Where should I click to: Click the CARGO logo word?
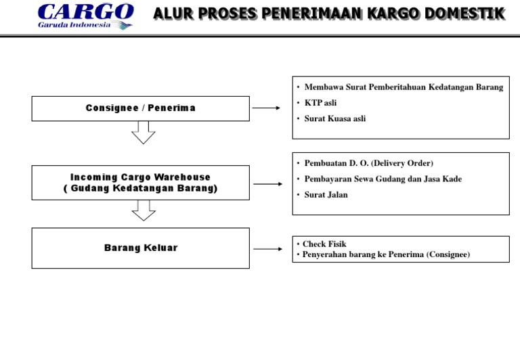pyautogui.click(x=85, y=12)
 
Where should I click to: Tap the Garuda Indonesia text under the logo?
pyautogui.click(x=74, y=26)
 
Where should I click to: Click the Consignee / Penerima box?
pyautogui.click(x=140, y=108)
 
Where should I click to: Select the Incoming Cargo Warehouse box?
pyautogui.click(x=140, y=183)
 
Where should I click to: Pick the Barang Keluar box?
pyautogui.click(x=140, y=248)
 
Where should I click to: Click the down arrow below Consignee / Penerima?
pyautogui.click(x=143, y=133)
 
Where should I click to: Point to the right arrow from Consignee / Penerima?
pyautogui.click(x=267, y=108)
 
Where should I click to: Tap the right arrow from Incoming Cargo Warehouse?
pyautogui.click(x=267, y=183)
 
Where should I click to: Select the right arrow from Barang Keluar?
pyautogui.click(x=267, y=248)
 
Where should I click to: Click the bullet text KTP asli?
pyautogui.click(x=320, y=103)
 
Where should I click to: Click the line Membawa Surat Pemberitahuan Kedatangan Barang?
pyautogui.click(x=404, y=87)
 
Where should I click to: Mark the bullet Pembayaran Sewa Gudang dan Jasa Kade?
pyautogui.click(x=383, y=179)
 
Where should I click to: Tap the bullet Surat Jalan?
pyautogui.click(x=326, y=195)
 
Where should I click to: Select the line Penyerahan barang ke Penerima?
pyautogui.click(x=385, y=254)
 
